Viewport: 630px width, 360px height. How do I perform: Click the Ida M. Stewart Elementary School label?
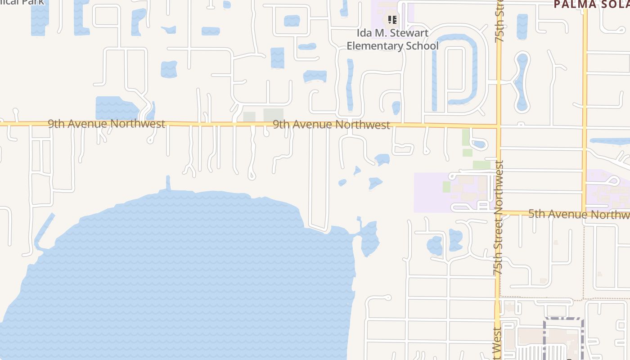[x=392, y=40]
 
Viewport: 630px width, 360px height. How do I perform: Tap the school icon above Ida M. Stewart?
[x=392, y=20]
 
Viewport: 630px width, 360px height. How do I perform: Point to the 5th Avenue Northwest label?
[x=579, y=214]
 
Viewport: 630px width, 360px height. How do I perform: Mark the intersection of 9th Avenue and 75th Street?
[x=499, y=126]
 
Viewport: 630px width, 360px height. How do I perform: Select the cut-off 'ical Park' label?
[x=22, y=2]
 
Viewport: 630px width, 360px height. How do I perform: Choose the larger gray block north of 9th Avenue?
[x=273, y=115]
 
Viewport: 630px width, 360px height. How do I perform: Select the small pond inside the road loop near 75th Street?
[x=479, y=144]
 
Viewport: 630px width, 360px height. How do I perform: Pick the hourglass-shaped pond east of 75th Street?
[x=522, y=81]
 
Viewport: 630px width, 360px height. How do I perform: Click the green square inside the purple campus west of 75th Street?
[x=446, y=187]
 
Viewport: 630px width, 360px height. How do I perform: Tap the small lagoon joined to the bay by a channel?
[x=369, y=238]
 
